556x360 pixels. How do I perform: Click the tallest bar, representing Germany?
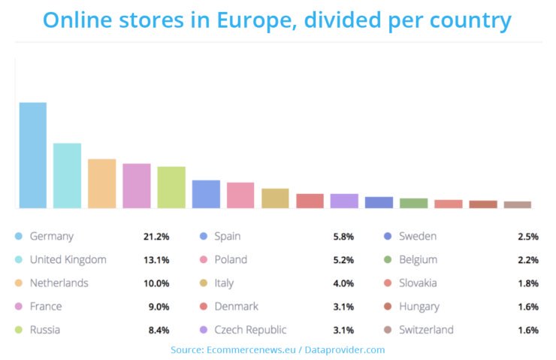32,155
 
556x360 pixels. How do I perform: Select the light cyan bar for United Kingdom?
67,175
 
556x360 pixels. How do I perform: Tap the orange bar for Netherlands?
101,183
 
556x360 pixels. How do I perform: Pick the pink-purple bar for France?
137,186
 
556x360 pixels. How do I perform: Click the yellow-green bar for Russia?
171,187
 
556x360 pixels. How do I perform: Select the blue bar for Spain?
206,194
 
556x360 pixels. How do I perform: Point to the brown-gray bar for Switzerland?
517,204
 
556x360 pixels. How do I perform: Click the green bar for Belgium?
413,203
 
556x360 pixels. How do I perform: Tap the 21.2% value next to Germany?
156,237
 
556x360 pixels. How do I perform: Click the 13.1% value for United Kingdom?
156,260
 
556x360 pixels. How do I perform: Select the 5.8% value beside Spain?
345,237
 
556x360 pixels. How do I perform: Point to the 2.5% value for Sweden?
527,237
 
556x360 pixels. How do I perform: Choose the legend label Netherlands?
59,283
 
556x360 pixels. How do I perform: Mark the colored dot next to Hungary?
388,307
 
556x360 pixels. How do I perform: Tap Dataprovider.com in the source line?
346,349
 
